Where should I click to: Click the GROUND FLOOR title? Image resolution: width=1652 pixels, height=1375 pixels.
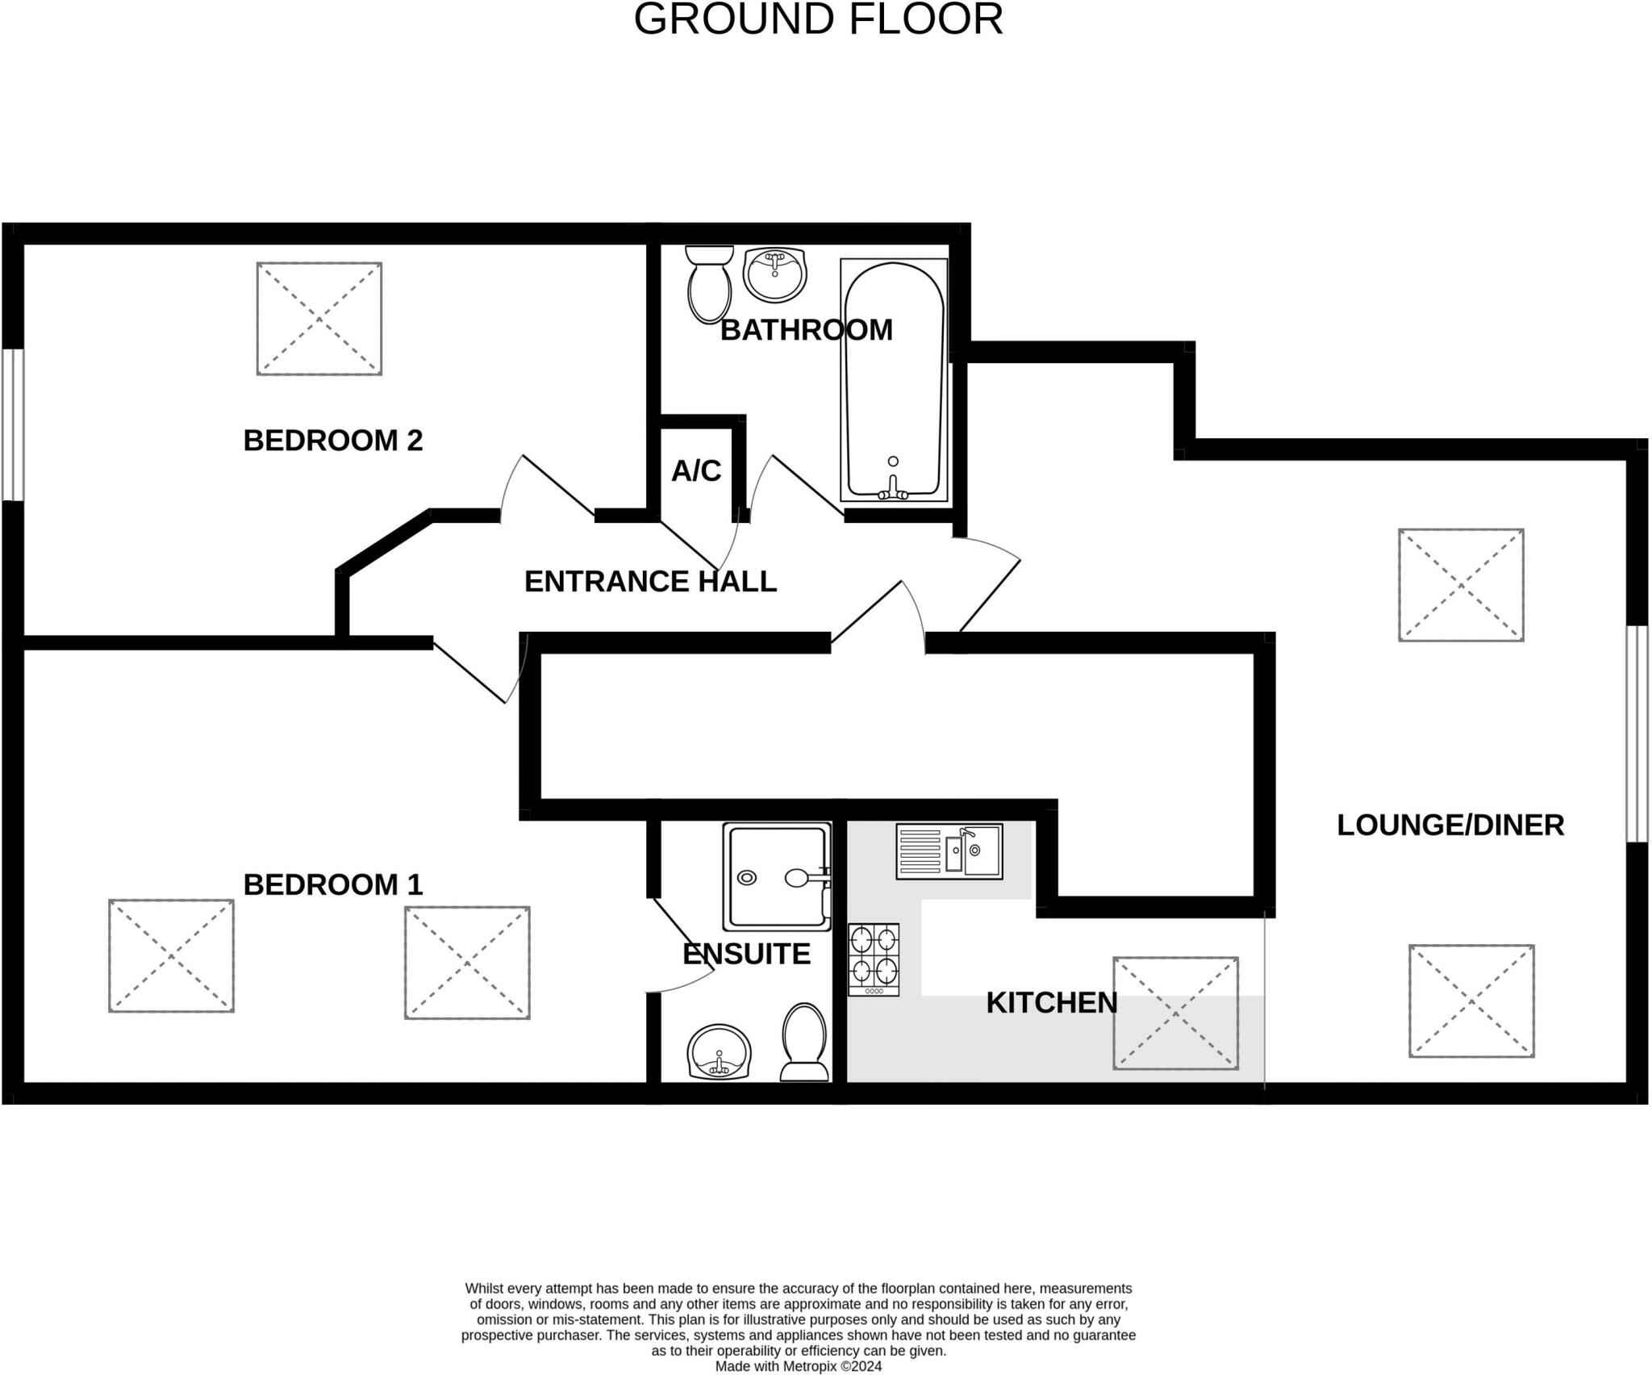point(818,19)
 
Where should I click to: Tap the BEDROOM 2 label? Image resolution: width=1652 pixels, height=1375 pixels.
point(333,441)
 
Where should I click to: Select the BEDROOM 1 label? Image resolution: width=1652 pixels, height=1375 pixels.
point(333,885)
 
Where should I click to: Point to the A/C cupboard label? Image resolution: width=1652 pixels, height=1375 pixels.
point(696,470)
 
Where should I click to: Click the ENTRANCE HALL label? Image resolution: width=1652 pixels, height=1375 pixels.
point(650,582)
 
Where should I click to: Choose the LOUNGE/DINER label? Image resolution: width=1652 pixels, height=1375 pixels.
point(1450,825)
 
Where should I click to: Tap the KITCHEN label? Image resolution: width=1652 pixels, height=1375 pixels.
point(1052,1003)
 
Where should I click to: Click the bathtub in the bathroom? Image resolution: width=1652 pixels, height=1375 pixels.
point(894,380)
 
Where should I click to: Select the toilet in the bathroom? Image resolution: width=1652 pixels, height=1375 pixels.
point(710,284)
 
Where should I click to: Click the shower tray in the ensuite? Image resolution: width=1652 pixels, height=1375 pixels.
point(777,876)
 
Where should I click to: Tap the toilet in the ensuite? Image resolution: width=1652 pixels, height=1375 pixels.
point(804,1042)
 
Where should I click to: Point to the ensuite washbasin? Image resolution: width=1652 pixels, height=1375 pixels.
point(720,1052)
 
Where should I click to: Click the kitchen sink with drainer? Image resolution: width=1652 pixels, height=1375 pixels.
point(949,851)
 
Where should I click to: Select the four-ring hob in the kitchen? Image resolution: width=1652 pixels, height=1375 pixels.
point(874,959)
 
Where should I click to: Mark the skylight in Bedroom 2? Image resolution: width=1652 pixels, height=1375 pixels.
point(319,319)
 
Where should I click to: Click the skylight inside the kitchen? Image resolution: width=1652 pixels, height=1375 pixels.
point(1175,1013)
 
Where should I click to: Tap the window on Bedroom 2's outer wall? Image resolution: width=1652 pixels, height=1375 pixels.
point(13,424)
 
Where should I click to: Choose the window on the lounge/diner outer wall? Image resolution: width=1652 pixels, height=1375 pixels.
point(1637,733)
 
